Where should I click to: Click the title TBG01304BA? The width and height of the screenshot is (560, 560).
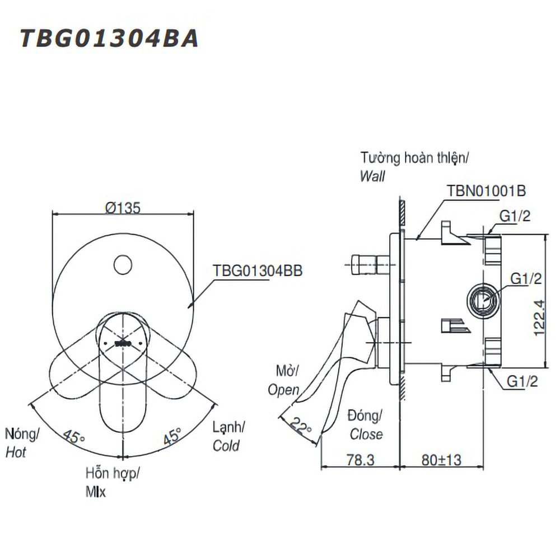tap(109, 39)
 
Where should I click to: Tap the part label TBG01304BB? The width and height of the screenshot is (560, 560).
tap(258, 270)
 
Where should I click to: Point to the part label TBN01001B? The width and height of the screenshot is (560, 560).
tap(486, 190)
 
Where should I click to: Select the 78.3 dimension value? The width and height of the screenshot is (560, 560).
tap(358, 460)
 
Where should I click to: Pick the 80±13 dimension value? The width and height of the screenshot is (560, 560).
tap(442, 460)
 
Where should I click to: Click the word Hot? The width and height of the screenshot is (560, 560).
tap(16, 452)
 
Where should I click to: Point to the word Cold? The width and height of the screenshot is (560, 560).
tap(226, 446)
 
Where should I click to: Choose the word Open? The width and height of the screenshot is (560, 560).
tap(283, 390)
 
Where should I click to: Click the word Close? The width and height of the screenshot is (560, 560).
tap(366, 434)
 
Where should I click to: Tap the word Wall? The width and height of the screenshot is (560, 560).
tap(372, 176)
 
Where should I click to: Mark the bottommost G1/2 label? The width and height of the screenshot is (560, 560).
tap(522, 381)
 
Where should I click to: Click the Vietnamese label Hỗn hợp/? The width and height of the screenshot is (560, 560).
tap(112, 474)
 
